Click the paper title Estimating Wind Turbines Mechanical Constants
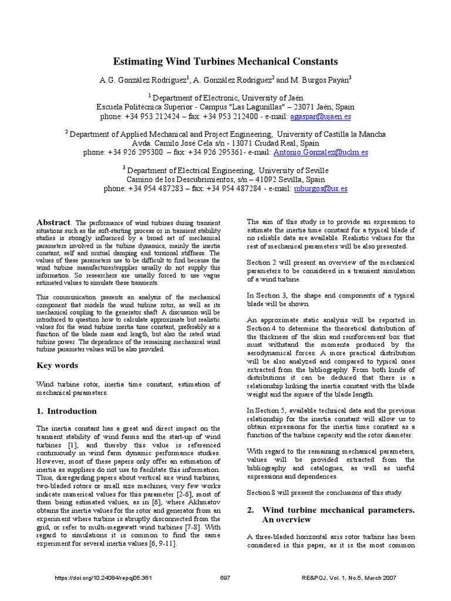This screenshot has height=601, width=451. [x=225, y=61]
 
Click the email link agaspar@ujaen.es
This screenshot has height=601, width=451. [x=325, y=117]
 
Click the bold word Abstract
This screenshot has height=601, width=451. [x=53, y=222]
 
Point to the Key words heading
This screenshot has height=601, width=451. [x=57, y=366]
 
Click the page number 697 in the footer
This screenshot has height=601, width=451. [x=225, y=578]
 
